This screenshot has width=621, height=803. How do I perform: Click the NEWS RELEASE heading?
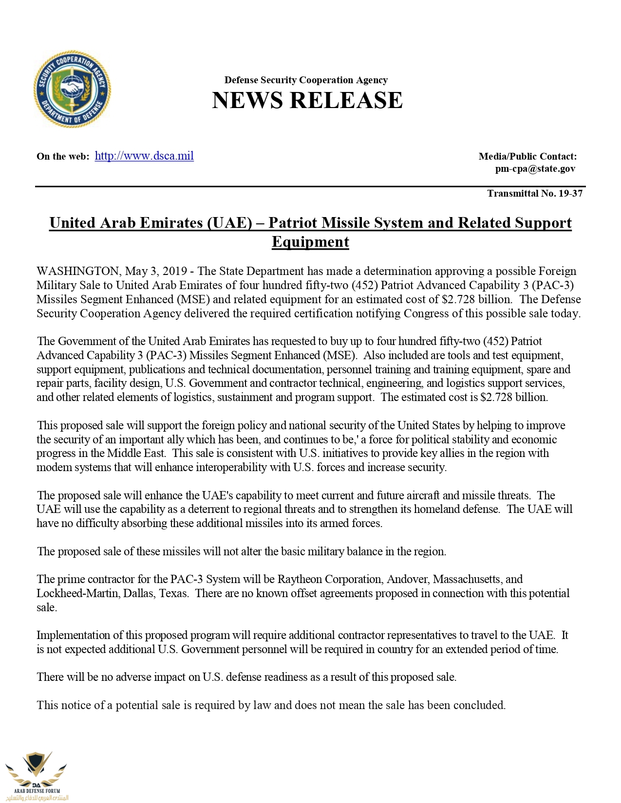point(307,100)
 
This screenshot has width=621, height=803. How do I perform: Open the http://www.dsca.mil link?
point(144,156)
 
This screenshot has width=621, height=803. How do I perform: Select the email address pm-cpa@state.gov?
point(535,169)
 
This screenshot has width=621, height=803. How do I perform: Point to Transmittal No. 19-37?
point(534,194)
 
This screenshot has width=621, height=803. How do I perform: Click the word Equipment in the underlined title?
point(310,242)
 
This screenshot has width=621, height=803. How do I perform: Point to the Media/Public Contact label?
point(527,157)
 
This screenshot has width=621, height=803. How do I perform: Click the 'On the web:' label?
point(63,157)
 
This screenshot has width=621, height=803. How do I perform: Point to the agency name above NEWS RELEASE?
point(306,80)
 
